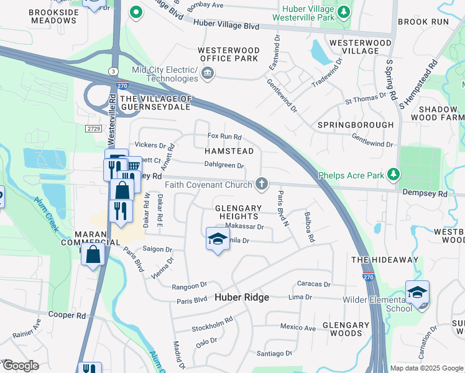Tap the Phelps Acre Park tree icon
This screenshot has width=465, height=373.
[392, 175]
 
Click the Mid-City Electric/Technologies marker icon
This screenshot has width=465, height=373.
[208, 75]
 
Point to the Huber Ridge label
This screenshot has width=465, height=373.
[242, 297]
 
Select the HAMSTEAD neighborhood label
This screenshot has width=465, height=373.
[229, 151]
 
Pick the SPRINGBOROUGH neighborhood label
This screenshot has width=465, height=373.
[356, 124]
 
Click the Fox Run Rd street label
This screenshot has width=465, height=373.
[224, 137]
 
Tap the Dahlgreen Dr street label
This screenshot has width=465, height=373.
[224, 165]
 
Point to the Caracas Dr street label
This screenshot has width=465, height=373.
[314, 284]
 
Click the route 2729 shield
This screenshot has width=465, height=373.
[93, 127]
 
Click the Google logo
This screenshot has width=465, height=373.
[21, 366]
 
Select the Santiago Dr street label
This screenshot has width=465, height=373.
[274, 353]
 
